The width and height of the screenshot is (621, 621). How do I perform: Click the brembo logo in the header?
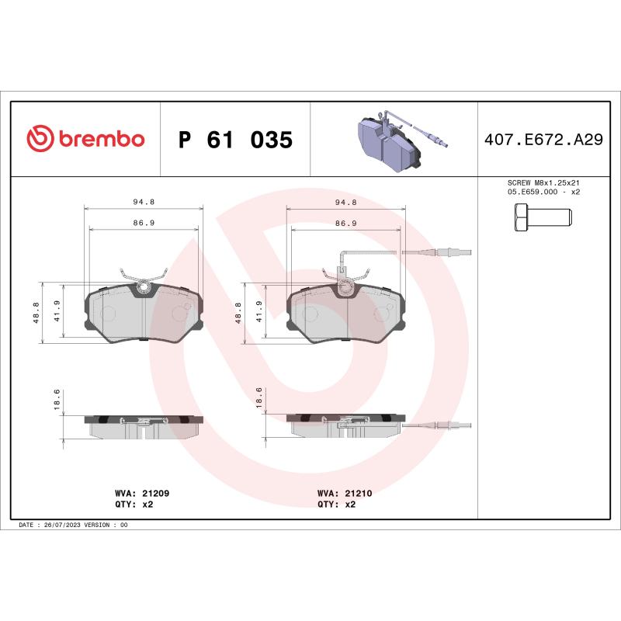pos(85,139)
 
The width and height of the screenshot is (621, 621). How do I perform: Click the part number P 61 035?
pos(235,140)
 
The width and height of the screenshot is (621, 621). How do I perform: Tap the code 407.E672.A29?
pos(543,140)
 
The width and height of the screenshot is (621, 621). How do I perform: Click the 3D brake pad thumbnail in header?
pos(396,140)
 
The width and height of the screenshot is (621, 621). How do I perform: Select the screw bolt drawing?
pos(543,216)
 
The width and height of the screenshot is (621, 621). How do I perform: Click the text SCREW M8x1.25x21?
pos(543,182)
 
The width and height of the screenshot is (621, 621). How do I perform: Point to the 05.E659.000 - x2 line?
pos(543,191)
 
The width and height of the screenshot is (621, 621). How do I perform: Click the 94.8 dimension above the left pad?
pos(143,202)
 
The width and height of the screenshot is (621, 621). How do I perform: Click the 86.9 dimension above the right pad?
pos(345,223)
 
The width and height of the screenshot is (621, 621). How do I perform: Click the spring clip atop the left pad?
pos(143,276)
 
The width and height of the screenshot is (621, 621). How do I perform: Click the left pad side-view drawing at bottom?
pos(143,425)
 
